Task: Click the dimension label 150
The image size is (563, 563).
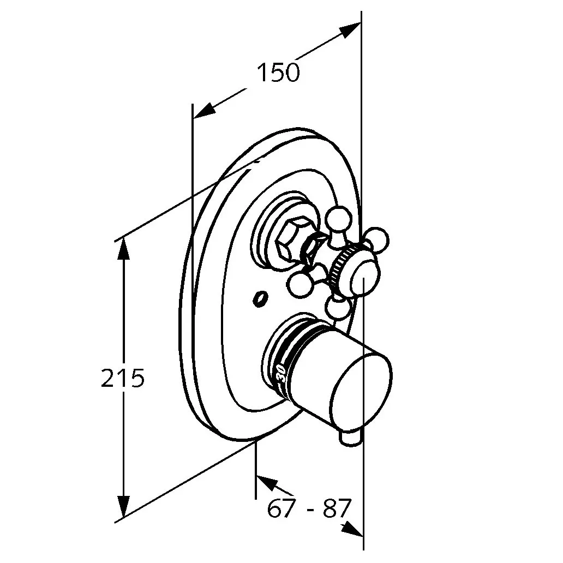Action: pyautogui.click(x=278, y=72)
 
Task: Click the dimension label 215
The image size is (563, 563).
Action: pyautogui.click(x=123, y=378)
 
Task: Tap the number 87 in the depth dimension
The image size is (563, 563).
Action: pyautogui.click(x=336, y=508)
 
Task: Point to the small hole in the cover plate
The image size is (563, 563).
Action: pyautogui.click(x=260, y=299)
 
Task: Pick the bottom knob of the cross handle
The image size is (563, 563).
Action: pyautogui.click(x=338, y=308)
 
